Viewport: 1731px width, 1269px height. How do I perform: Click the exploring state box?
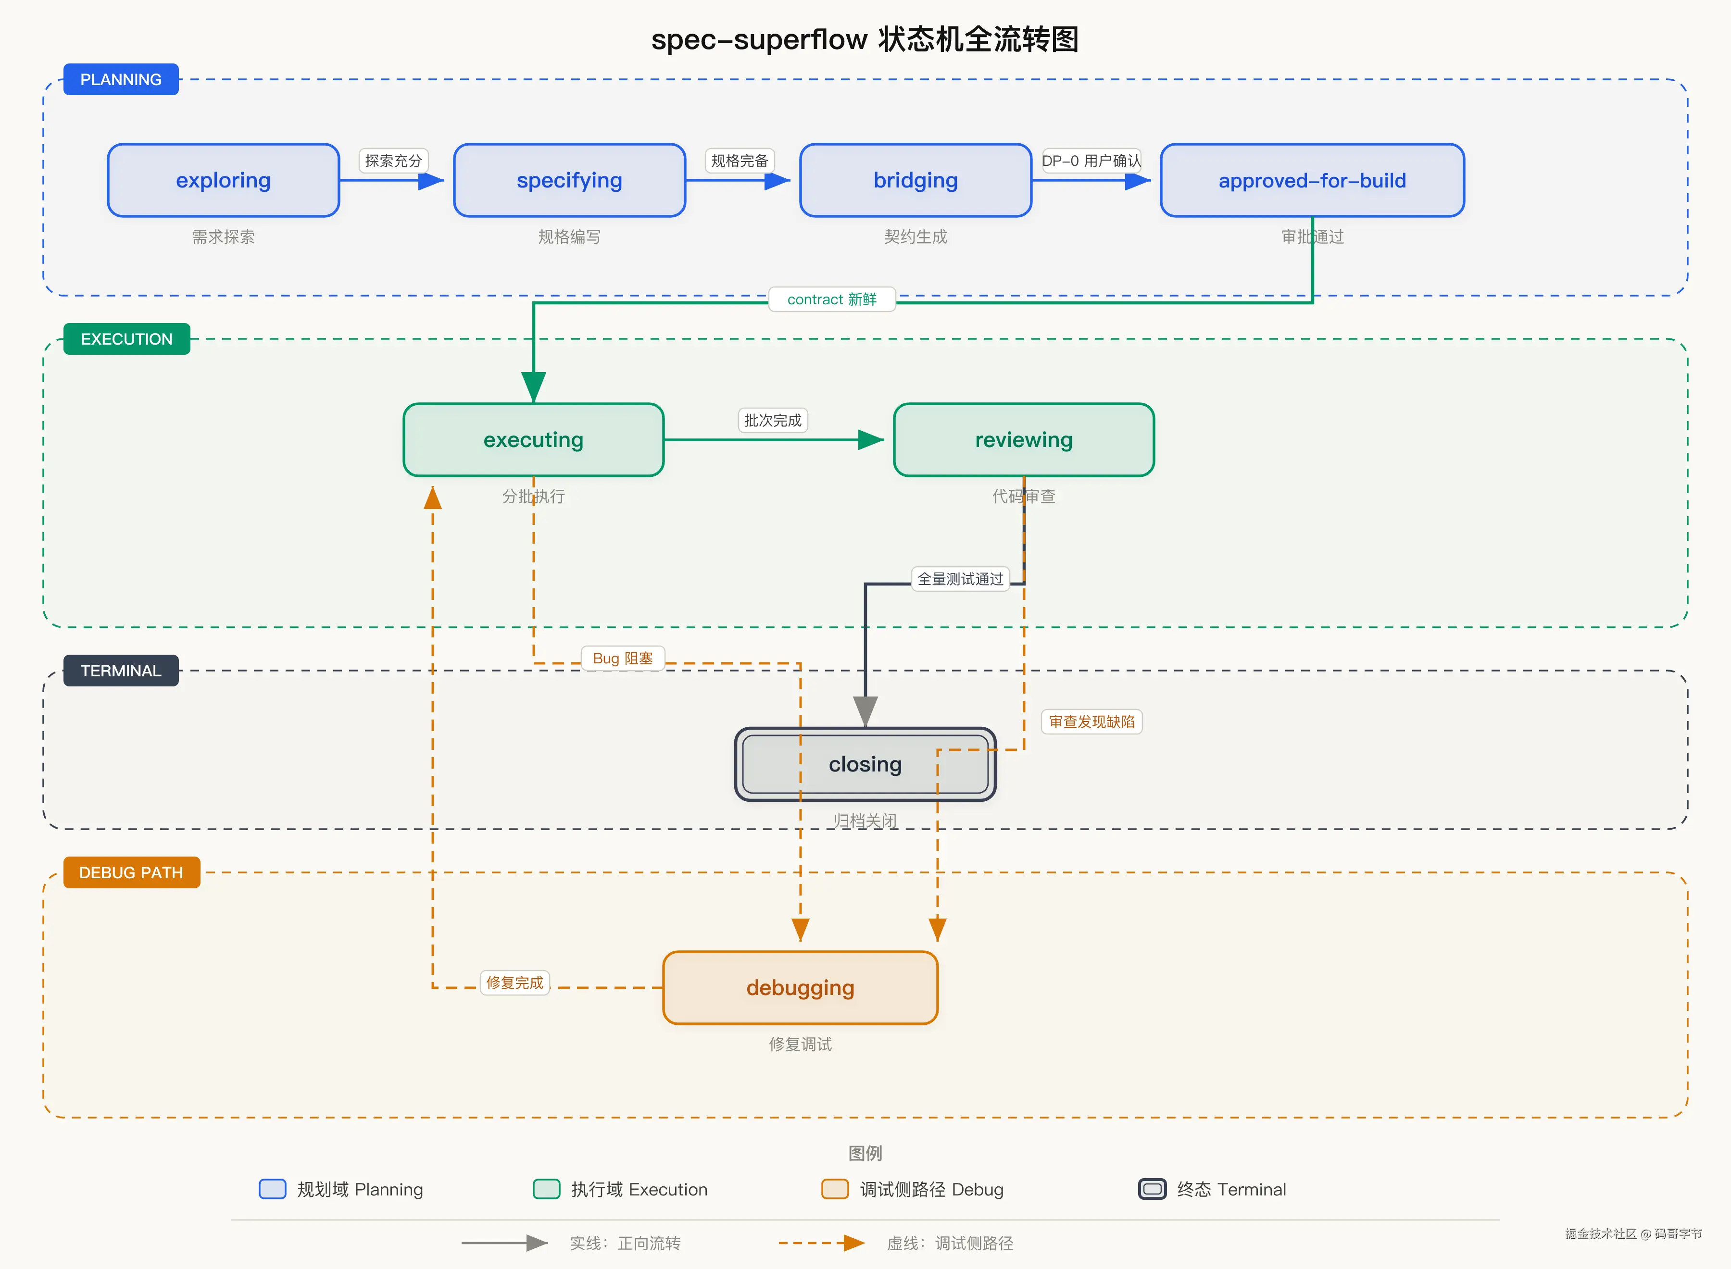[224, 181]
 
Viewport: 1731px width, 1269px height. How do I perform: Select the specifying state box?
[569, 181]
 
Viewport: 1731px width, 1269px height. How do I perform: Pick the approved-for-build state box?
[1312, 181]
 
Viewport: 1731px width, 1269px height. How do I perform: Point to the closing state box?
[865, 764]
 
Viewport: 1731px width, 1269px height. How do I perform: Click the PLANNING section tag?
[121, 79]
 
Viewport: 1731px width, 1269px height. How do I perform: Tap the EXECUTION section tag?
[127, 339]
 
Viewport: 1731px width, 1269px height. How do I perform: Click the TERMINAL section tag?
[121, 671]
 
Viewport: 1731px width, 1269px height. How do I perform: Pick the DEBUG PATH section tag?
[131, 872]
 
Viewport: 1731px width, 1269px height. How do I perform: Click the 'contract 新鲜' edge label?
[832, 299]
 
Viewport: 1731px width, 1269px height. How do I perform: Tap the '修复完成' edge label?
[515, 983]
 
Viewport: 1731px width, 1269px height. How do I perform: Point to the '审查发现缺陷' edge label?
[1092, 722]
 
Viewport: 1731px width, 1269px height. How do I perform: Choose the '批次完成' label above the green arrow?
[773, 420]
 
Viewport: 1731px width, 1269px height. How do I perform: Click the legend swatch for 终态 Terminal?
[1152, 1189]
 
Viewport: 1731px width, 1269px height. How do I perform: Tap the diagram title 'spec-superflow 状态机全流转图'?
[865, 39]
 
